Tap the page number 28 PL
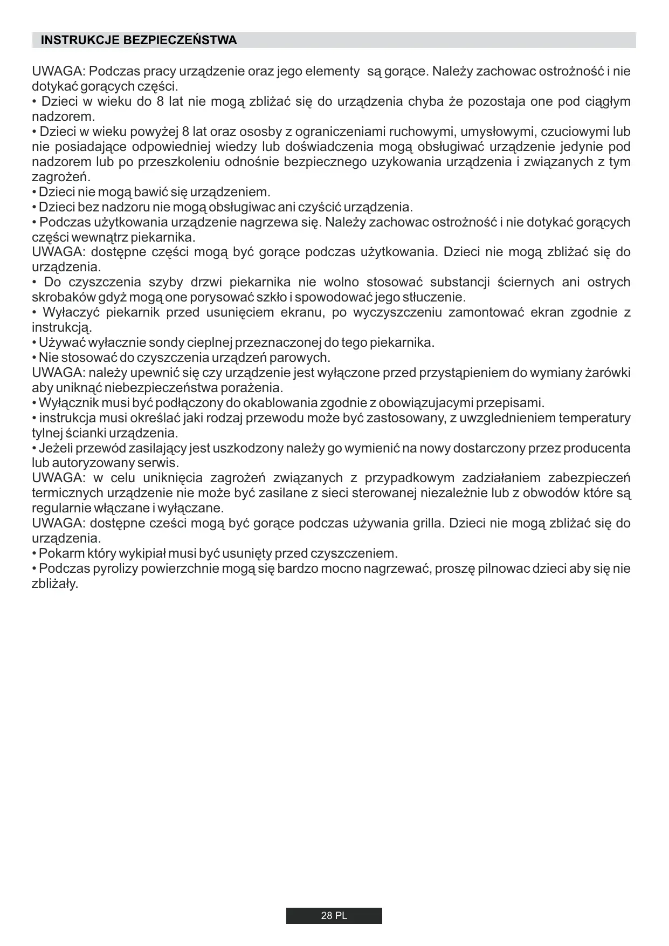(x=334, y=916)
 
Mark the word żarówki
(x=608, y=373)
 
